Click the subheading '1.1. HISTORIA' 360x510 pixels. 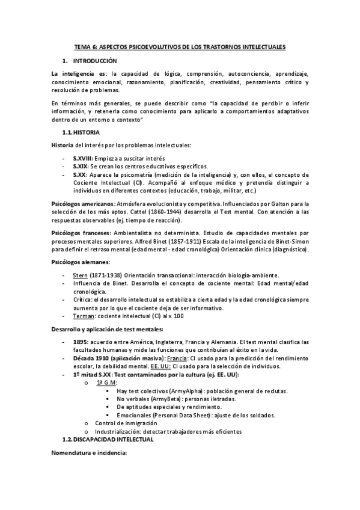(81, 132)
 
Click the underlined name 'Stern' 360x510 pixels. (81, 274)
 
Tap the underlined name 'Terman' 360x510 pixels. (84, 316)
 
